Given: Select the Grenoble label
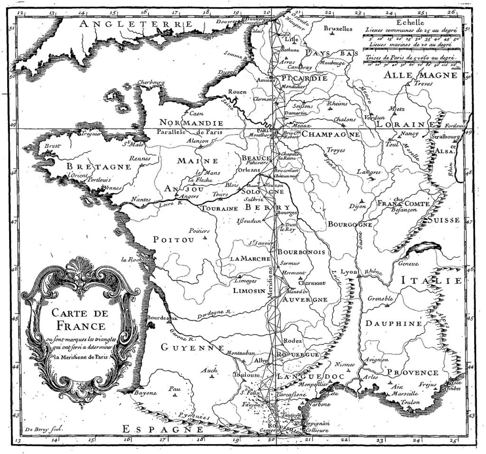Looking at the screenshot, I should point(380,299).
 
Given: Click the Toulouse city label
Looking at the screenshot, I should point(246,374).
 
